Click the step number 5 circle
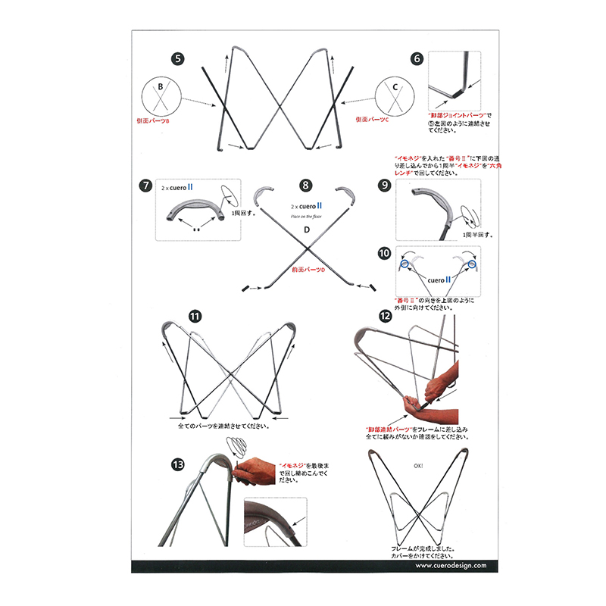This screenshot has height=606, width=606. point(177,58)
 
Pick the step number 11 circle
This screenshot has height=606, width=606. point(195,317)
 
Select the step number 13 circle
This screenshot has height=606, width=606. point(177,465)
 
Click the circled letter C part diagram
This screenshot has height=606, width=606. point(395,96)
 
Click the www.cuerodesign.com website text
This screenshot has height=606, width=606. point(445,565)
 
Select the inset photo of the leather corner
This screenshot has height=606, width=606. point(275,522)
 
